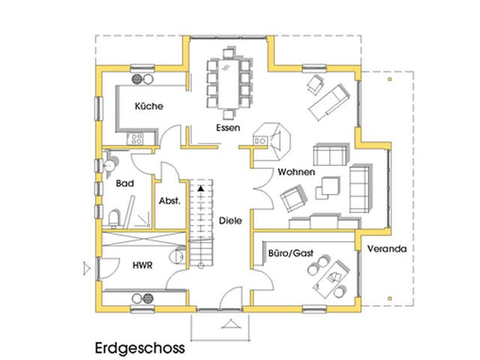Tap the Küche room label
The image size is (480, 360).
coord(148,106)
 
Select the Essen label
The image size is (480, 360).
coord(227,127)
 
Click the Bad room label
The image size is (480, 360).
coord(124,182)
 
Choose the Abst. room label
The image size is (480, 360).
coord(169,200)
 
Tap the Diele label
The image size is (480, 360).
coord(229,221)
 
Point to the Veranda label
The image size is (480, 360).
coord(387,249)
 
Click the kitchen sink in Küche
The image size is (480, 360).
coord(139,77)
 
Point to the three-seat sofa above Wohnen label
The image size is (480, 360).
coord(331,156)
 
